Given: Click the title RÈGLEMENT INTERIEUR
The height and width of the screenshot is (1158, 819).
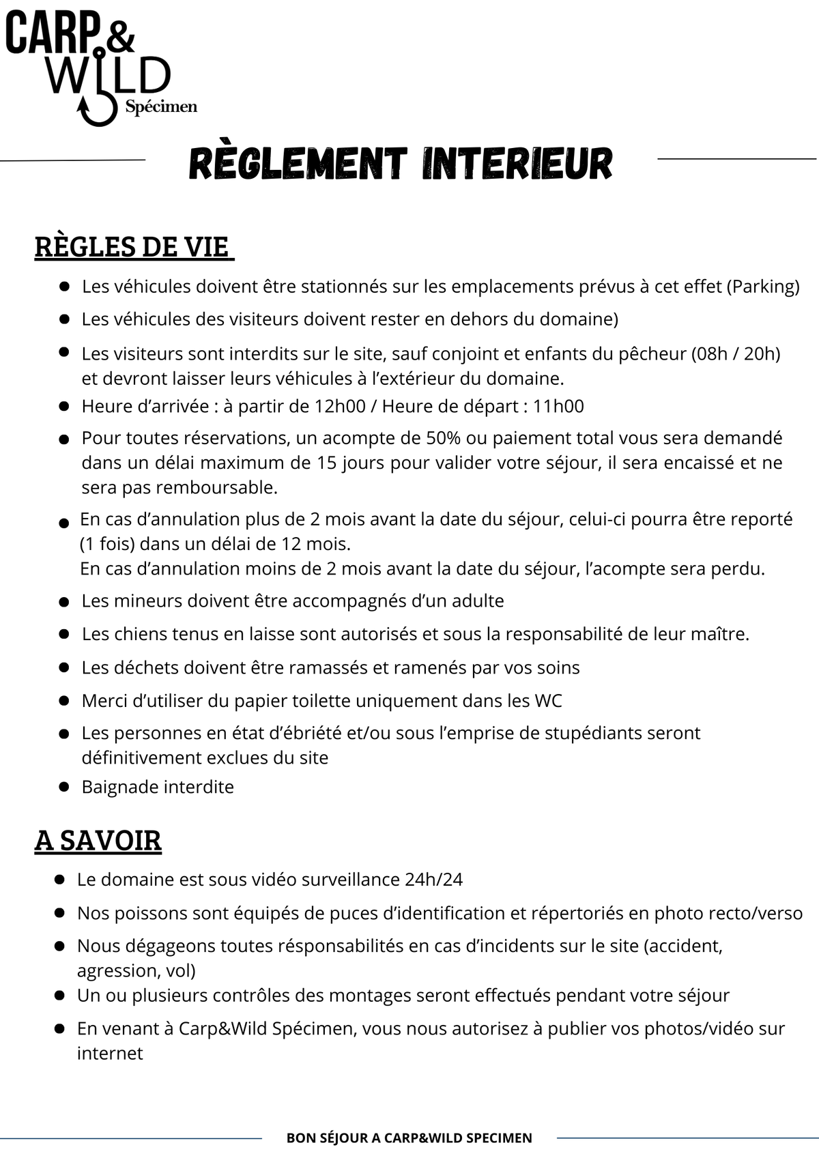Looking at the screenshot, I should click(x=401, y=164).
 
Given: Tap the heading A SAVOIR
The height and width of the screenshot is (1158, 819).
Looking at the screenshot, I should click(x=98, y=841).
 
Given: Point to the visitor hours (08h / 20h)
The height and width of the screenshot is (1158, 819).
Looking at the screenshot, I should click(x=735, y=353).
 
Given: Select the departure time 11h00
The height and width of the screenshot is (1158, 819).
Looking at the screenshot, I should click(x=558, y=407).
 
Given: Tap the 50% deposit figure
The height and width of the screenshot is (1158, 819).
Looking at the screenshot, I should click(x=444, y=437).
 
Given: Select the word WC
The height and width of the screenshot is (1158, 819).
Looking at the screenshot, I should click(x=548, y=701).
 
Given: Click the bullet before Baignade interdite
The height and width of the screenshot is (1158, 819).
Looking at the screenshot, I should click(x=64, y=787).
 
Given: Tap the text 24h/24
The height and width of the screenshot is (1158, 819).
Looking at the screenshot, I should click(x=433, y=880).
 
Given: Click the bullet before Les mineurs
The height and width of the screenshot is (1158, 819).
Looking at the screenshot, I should click(x=64, y=602).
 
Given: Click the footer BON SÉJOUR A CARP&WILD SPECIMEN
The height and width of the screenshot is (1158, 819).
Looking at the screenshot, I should click(x=409, y=1138).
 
